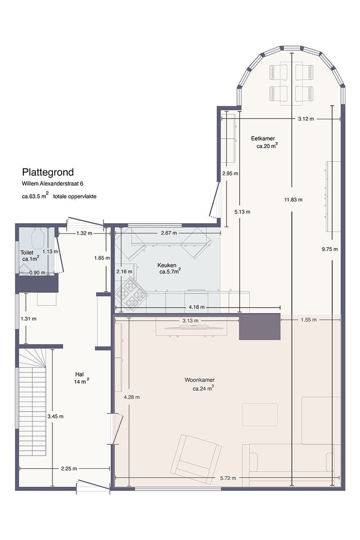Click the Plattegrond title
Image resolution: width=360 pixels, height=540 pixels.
pyautogui.click(x=48, y=173)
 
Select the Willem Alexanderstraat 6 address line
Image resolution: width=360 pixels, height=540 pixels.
pyautogui.click(x=53, y=184)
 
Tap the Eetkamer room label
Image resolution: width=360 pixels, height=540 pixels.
pyautogui.click(x=263, y=139)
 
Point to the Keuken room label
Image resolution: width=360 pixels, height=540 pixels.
pyautogui.click(x=167, y=265)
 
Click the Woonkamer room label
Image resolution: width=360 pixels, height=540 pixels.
pyautogui.click(x=199, y=380)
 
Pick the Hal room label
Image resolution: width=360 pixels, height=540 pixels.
pyautogui.click(x=79, y=374)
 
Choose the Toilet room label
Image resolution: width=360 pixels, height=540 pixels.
pyautogui.click(x=27, y=253)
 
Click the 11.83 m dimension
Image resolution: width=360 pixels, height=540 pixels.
pyautogui.click(x=293, y=200)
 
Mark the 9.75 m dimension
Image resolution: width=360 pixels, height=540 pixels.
pyautogui.click(x=330, y=249)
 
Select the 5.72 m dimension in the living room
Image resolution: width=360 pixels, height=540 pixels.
pyautogui.click(x=228, y=478)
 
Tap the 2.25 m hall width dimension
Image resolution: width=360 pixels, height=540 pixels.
pyautogui.click(x=69, y=468)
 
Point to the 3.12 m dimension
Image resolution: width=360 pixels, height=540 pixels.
pyautogui.click(x=306, y=119)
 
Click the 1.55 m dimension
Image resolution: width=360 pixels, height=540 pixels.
pyautogui.click(x=309, y=320)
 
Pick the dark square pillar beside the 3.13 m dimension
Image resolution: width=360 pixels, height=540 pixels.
pyautogui.click(x=260, y=327)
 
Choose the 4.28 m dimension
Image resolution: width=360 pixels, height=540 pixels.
pyautogui.click(x=132, y=397)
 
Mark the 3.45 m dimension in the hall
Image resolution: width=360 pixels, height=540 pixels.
pyautogui.click(x=55, y=416)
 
